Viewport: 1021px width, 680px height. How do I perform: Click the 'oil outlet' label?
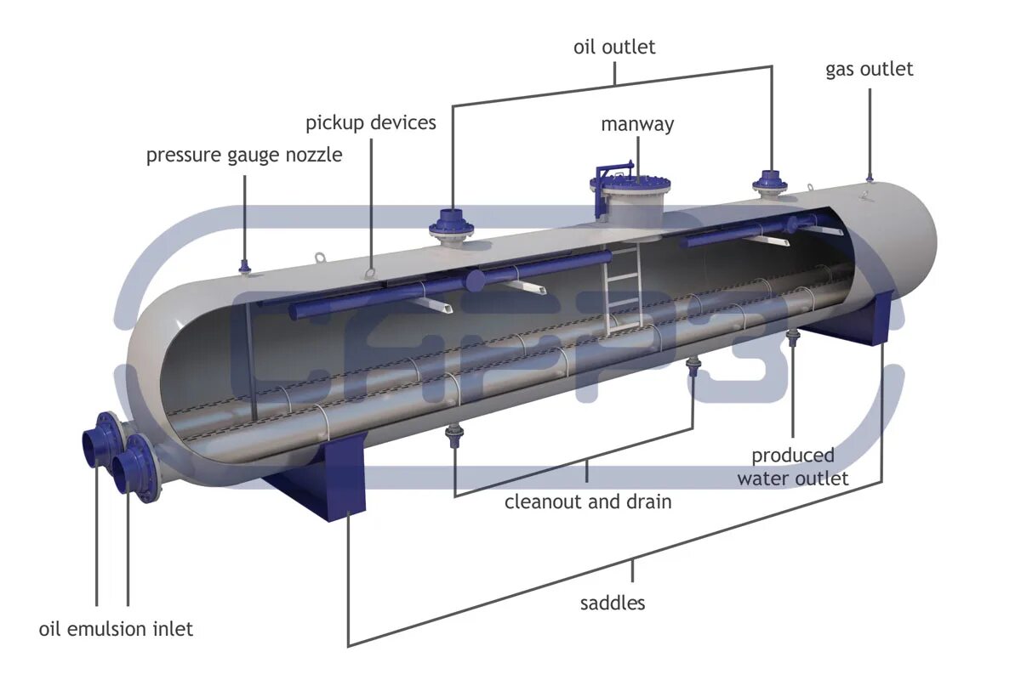click(614, 47)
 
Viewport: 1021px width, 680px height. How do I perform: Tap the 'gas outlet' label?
click(869, 69)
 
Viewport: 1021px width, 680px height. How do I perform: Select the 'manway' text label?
click(637, 124)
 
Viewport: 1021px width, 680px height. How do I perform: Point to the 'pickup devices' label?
click(371, 122)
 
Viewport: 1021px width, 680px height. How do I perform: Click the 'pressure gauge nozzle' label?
click(244, 156)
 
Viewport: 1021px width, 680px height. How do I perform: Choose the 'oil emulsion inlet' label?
click(116, 629)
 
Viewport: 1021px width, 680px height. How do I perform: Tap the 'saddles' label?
click(613, 603)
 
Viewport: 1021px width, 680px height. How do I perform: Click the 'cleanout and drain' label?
click(588, 501)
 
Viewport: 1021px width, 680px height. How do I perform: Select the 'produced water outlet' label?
click(792, 467)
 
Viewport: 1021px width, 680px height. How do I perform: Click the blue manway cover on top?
click(630, 182)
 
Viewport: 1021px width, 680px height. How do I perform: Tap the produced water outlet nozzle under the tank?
click(793, 339)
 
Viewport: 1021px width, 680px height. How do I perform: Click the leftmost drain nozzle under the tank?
click(454, 437)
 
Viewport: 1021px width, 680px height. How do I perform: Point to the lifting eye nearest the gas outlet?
click(863, 197)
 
